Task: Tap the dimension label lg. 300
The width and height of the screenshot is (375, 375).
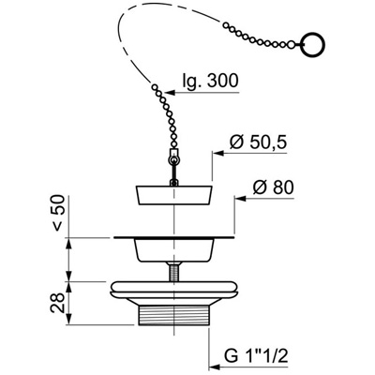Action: pyautogui.click(x=210, y=81)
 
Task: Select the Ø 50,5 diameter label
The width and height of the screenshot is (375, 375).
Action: pyautogui.click(x=258, y=142)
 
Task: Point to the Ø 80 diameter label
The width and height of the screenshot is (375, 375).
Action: pyautogui.click(x=273, y=187)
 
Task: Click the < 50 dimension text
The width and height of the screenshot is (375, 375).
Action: pyautogui.click(x=58, y=213)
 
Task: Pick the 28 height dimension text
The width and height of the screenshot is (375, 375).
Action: pyautogui.click(x=58, y=303)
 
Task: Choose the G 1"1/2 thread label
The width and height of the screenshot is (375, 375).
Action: pyautogui.click(x=256, y=356)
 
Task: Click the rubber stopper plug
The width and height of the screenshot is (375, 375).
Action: pyautogui.click(x=174, y=195)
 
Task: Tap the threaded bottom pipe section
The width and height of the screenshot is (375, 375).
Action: pyautogui.click(x=173, y=315)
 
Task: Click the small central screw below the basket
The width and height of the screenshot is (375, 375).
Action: pyautogui.click(x=173, y=272)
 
